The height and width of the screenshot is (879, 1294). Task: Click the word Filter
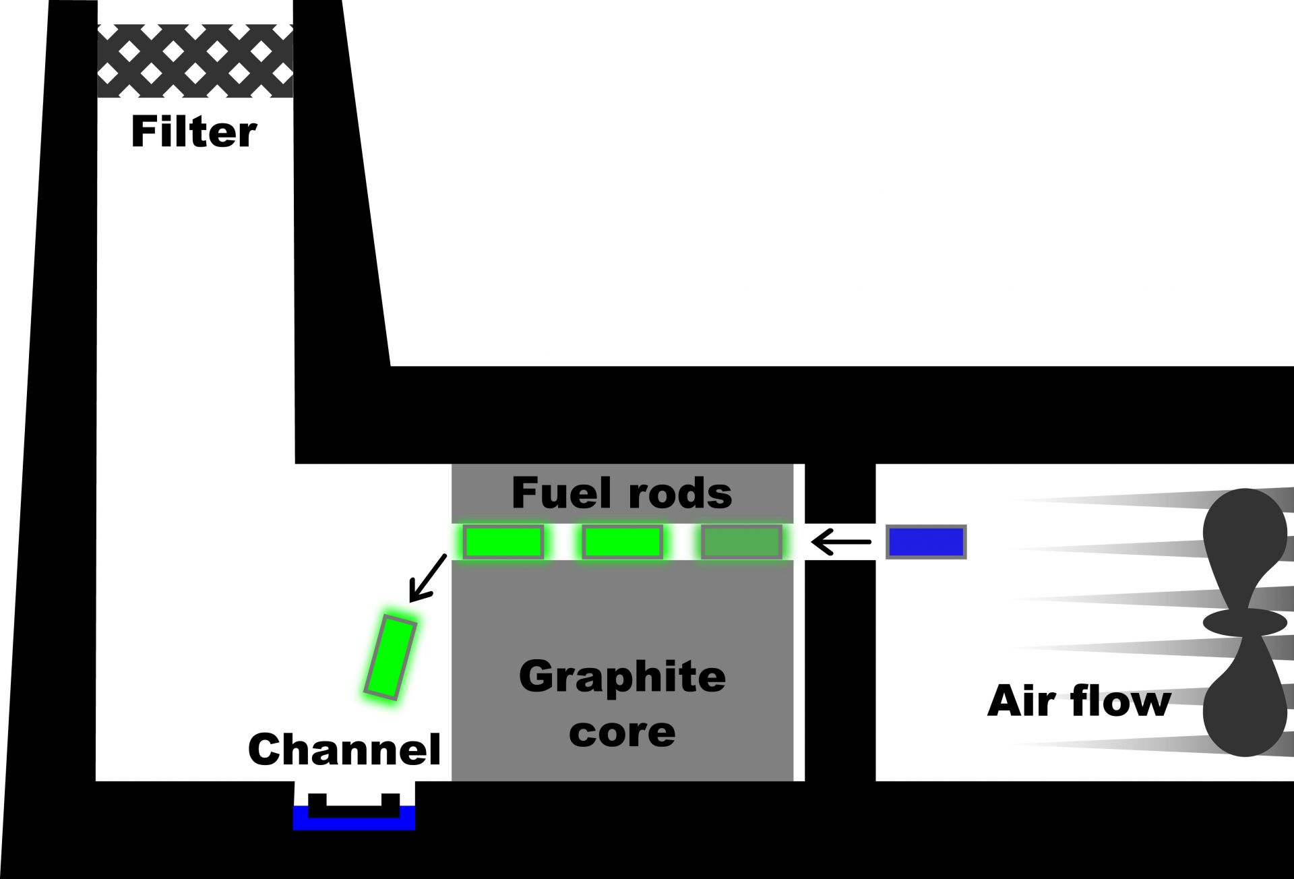193,132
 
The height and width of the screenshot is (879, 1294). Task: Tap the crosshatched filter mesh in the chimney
195,61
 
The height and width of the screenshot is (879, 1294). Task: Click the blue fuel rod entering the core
926,542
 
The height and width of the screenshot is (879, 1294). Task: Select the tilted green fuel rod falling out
390,657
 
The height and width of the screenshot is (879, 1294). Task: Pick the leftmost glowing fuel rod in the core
503,542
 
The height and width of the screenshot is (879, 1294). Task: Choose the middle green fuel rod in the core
622,542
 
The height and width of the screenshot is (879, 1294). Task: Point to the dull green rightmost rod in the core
741,542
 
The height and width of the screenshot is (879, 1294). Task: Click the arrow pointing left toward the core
841,541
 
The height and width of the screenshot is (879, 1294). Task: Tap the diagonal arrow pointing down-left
428,577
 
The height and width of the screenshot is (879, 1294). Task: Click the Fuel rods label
621,493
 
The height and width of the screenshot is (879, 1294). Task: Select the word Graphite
622,677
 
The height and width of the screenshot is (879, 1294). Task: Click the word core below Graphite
622,732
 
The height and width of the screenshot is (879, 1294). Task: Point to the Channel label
344,749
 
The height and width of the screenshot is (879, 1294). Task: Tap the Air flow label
1078,702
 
